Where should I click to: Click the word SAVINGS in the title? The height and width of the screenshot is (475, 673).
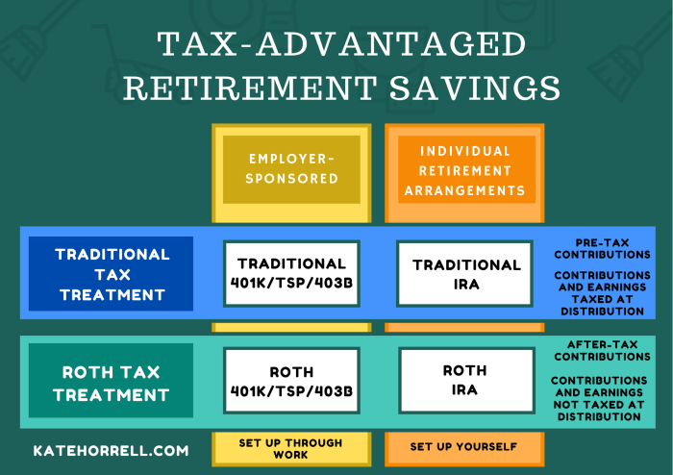[x=475, y=87]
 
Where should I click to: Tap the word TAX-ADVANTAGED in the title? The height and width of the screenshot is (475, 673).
[x=341, y=43]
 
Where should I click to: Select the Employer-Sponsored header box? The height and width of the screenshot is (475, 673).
[x=291, y=169]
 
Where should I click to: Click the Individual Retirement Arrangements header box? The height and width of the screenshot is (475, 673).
[x=464, y=169]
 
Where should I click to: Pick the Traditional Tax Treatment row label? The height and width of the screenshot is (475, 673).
[x=111, y=274]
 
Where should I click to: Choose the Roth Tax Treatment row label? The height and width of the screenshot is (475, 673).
[x=111, y=380]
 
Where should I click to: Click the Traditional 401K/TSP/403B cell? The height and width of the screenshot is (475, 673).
[x=291, y=274]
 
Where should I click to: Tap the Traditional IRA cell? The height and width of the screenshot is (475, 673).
[x=464, y=274]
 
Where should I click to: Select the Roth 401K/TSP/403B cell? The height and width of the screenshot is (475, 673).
[x=291, y=381]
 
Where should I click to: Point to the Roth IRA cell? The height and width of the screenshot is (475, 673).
[x=466, y=381]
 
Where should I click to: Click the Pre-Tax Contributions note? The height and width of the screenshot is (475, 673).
[x=602, y=249]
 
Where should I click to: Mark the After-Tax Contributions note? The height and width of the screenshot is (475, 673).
[x=602, y=351]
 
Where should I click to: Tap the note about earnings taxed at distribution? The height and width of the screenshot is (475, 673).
[x=602, y=293]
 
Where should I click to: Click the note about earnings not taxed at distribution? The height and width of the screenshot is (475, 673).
[x=599, y=399]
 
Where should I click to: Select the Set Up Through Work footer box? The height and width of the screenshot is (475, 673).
[x=291, y=449]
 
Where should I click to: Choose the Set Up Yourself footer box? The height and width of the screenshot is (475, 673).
[x=464, y=449]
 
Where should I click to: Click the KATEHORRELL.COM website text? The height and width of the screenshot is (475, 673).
[x=111, y=451]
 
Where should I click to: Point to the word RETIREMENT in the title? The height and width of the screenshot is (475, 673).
[x=250, y=87]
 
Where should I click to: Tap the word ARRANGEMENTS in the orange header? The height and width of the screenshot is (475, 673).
[x=464, y=190]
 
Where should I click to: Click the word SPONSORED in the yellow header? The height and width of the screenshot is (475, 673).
[x=292, y=179]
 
